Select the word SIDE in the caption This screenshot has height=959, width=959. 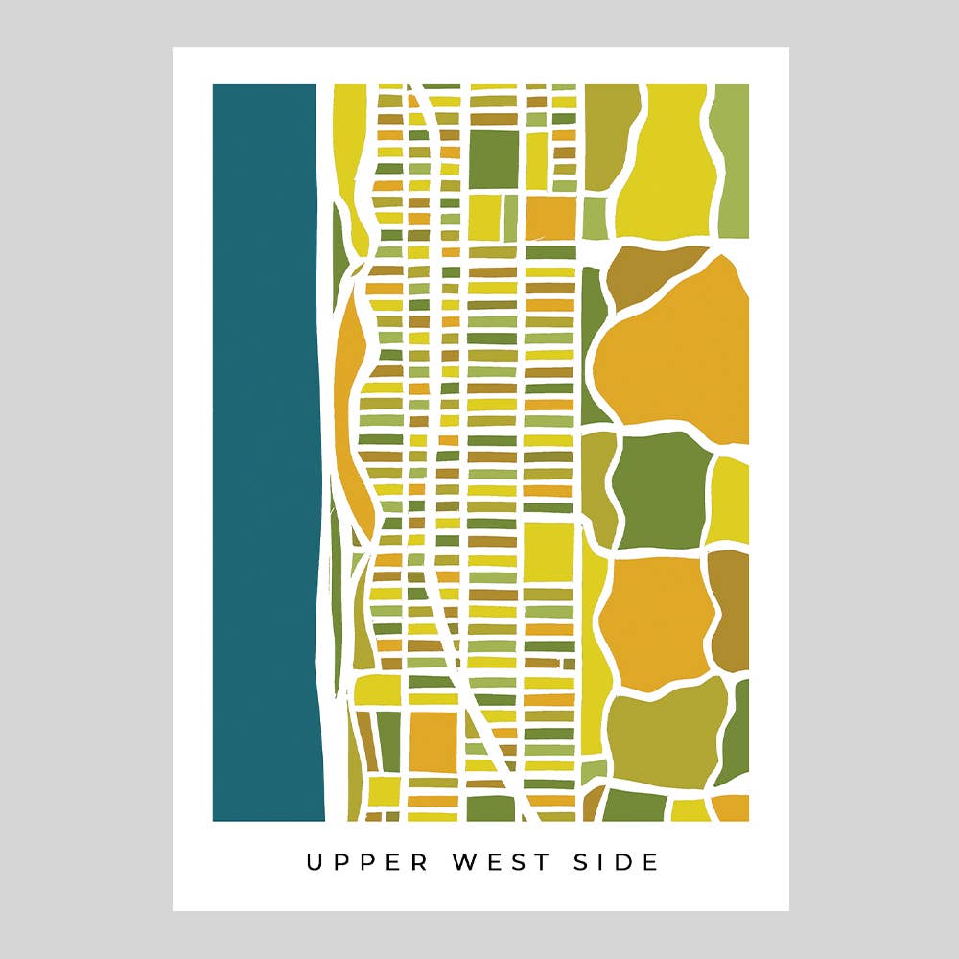pyautogui.click(x=620, y=862)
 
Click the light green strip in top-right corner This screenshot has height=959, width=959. pyautogui.click(x=733, y=158)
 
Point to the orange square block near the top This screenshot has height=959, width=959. pyautogui.click(x=550, y=217)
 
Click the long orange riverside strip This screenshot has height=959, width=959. pyautogui.click(x=349, y=412)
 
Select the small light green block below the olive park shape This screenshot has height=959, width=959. pyautogui.click(x=596, y=217)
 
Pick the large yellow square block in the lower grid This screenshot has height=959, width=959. pyautogui.click(x=550, y=551)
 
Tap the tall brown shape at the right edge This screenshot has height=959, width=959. pyautogui.click(x=731, y=609)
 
